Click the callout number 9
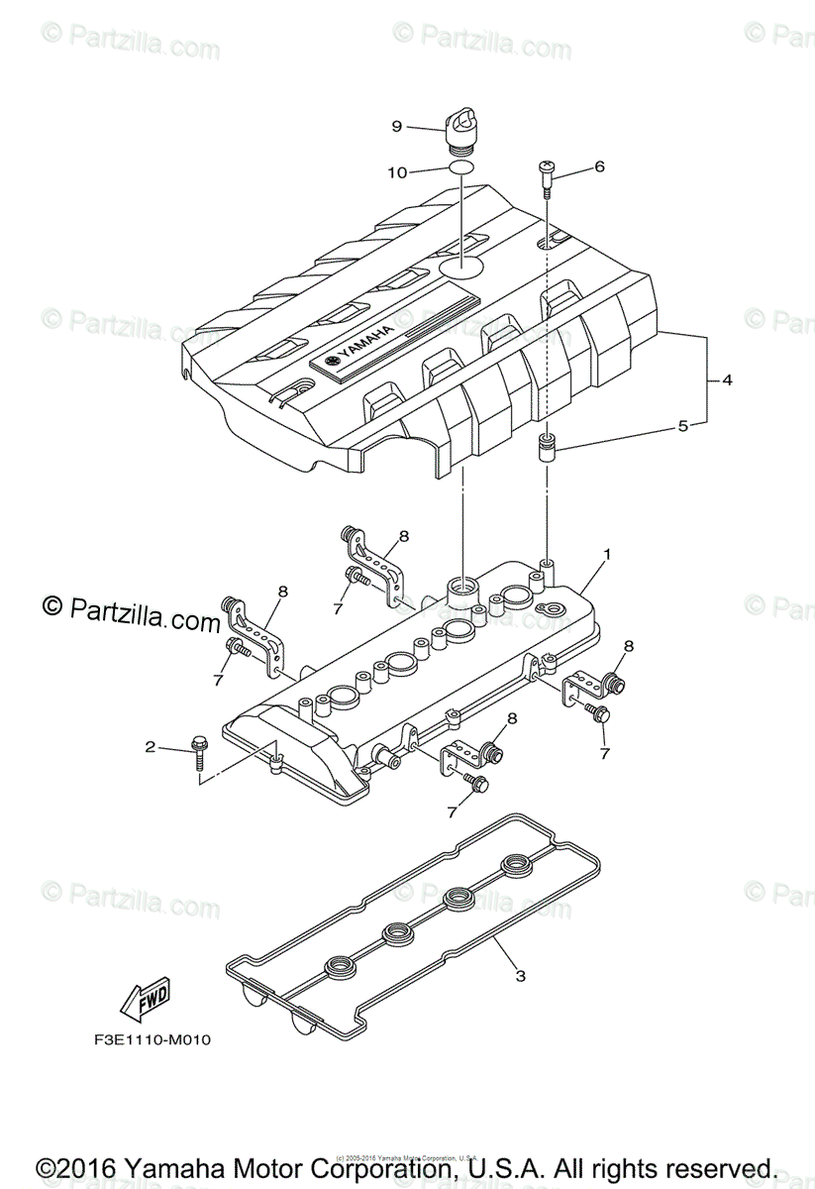[x=396, y=126]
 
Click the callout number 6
[x=599, y=167]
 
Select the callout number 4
[x=727, y=379]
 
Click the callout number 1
[x=607, y=553]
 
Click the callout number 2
[x=151, y=746]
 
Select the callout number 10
[x=396, y=171]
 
